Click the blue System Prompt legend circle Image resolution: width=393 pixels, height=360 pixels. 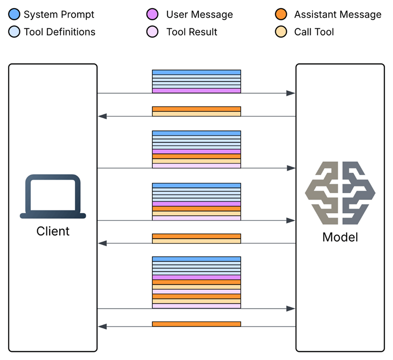point(14,15)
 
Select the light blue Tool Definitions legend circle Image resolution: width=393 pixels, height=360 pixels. point(14,32)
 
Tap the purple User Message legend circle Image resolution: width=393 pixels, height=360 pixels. point(152,15)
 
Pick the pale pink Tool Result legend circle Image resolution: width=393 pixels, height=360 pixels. point(152,32)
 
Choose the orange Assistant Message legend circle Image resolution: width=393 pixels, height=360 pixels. point(281,15)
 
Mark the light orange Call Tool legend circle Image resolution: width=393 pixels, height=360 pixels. point(281,32)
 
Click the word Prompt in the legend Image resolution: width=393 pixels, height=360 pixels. point(79,15)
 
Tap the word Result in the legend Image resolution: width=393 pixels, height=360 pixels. point(203,32)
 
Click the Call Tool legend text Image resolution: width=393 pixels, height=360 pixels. point(314,32)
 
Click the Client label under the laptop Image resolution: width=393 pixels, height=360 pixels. point(53,231)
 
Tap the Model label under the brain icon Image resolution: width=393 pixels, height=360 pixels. point(340,237)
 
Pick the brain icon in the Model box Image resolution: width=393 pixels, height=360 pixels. point(340,191)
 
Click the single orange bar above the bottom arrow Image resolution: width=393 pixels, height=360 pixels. point(196,324)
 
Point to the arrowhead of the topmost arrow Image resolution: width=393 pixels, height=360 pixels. point(291,93)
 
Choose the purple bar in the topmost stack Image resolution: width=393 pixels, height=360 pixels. point(196,90)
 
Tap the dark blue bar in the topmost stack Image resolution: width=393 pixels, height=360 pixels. point(196,72)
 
